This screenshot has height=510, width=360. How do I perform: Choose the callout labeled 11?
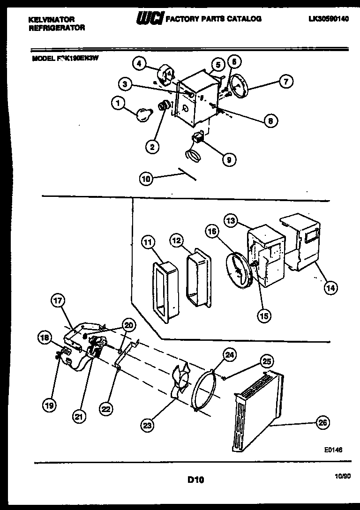pyautogui.click(x=148, y=242)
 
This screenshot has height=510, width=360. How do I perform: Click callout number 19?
pyautogui.click(x=49, y=405)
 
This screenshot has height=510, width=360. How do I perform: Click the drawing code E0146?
pyautogui.click(x=333, y=449)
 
